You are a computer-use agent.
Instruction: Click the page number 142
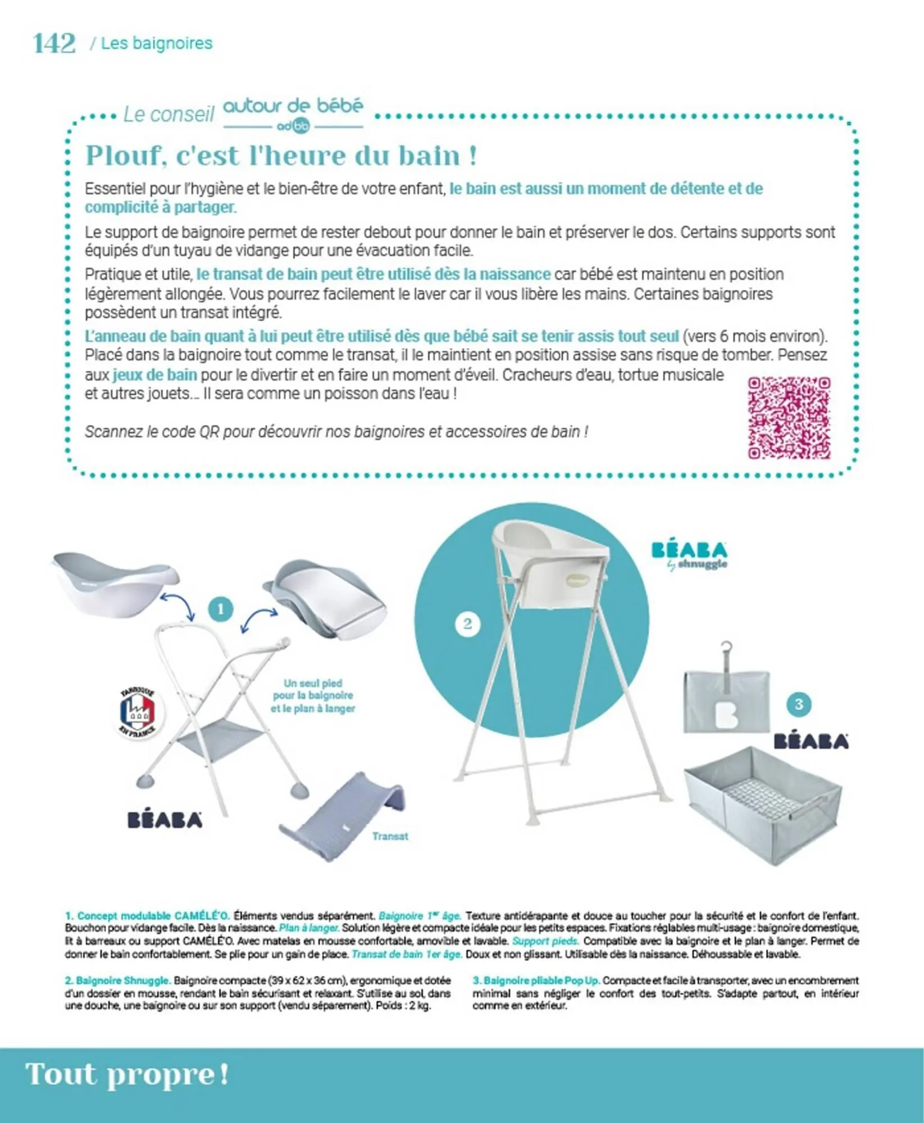tap(54, 43)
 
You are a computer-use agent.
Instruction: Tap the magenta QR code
tap(789, 418)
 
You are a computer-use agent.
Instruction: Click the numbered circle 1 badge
tap(220, 609)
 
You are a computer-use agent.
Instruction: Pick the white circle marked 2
tap(467, 624)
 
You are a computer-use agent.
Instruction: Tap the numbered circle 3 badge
tap(799, 705)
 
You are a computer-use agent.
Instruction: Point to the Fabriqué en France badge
tap(138, 712)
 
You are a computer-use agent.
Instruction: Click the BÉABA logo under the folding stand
tap(165, 820)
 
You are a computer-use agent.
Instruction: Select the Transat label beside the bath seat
tap(390, 837)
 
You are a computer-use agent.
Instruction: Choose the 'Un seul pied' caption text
tap(313, 696)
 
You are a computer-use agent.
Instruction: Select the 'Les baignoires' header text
tap(157, 43)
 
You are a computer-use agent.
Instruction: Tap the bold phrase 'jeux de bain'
tap(154, 375)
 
